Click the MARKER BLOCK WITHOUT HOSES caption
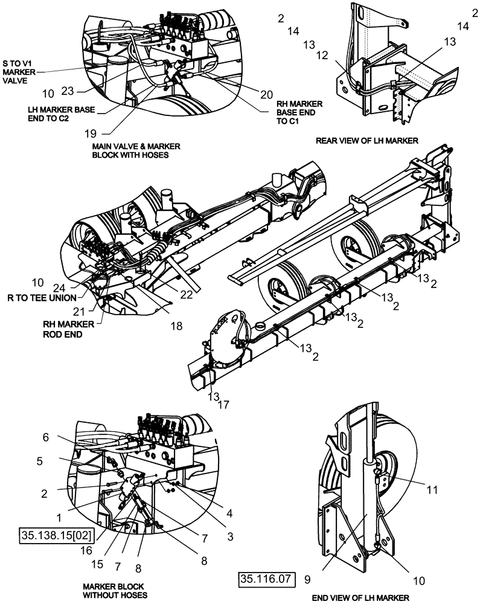(114, 590)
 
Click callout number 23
(68, 91)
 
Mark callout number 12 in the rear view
(323, 55)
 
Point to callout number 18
(176, 325)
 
